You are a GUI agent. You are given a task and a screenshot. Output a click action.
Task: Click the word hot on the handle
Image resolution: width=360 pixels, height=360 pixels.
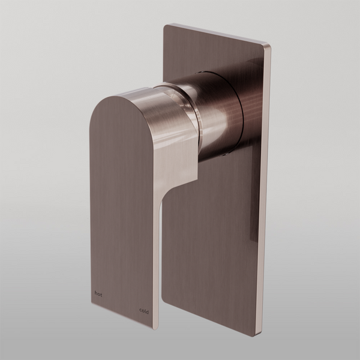(99, 293)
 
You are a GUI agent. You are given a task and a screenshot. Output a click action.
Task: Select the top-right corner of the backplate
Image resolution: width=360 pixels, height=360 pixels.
(269, 43)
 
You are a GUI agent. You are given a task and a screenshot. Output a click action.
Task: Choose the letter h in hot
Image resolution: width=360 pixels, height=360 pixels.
(96, 293)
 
